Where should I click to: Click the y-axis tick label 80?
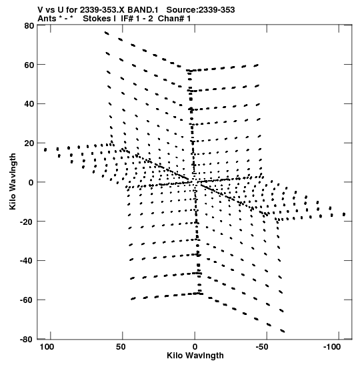[29, 26]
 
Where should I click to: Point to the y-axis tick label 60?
[29, 65]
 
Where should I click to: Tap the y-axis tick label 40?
[29, 104]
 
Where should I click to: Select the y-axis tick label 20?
[29, 143]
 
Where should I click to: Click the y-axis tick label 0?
[31, 183]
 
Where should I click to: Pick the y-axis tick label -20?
[27, 222]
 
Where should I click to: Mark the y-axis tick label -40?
[27, 261]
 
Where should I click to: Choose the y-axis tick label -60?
[27, 300]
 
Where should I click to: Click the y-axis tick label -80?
[27, 340]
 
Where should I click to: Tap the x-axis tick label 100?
[47, 347]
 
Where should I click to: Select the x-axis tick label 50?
[121, 347]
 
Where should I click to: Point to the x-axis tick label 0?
[195, 347]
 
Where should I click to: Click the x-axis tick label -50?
[262, 347]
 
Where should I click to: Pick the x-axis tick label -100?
[332, 347]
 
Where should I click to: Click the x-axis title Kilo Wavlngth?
[195, 356]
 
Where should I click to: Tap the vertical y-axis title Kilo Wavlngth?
[13, 181]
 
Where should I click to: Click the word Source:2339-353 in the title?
[201, 10]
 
